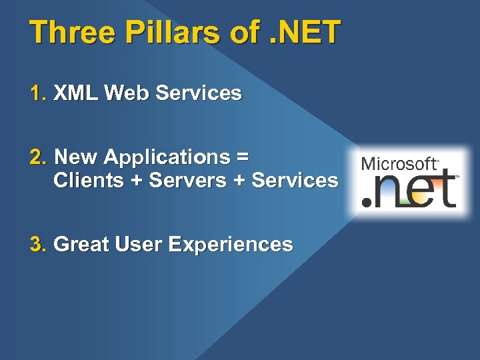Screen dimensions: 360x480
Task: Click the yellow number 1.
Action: click(37, 93)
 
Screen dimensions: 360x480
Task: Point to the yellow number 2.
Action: click(37, 157)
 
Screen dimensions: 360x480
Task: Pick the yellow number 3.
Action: click(37, 245)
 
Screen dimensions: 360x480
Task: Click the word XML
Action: click(76, 93)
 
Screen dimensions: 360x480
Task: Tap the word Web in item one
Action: click(127, 93)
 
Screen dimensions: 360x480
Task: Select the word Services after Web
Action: click(198, 93)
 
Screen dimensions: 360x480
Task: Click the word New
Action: click(76, 157)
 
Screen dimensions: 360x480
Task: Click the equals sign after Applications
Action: click(243, 158)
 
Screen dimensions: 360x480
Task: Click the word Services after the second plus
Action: click(295, 180)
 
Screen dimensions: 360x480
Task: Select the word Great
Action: click(81, 245)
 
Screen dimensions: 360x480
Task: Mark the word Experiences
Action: click(231, 245)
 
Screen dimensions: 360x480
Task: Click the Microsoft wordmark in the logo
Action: click(399, 164)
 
